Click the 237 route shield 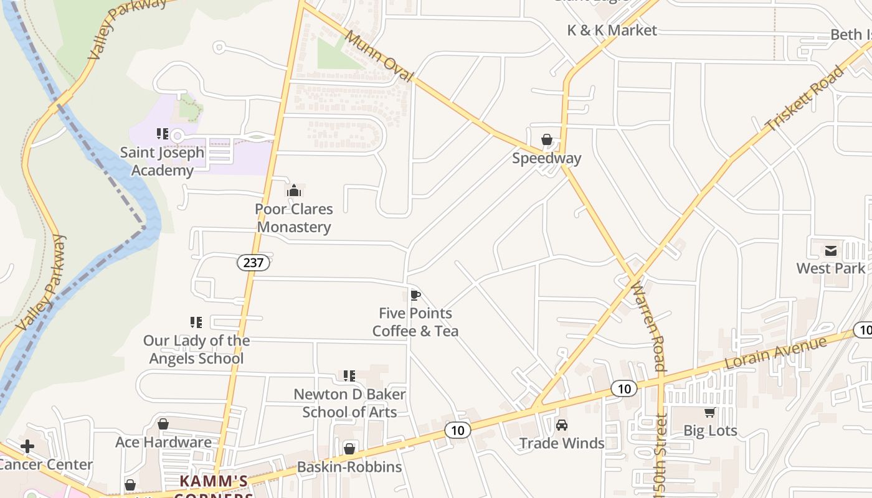pos(254,262)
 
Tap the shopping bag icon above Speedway pos(547,139)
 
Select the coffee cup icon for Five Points pos(415,294)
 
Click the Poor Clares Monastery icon pos(293,190)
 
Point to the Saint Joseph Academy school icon pos(163,133)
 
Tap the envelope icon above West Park pos(831,250)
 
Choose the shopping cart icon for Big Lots pos(709,412)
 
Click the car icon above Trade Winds pos(562,425)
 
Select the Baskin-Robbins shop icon pos(349,448)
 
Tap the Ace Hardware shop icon pos(163,424)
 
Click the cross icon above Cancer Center pos(27,446)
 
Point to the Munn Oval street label pos(378,56)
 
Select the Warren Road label pos(648,326)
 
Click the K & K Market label pos(612,30)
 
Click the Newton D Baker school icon pos(349,375)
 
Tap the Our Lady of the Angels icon pos(196,322)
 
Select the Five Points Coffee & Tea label pos(415,322)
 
